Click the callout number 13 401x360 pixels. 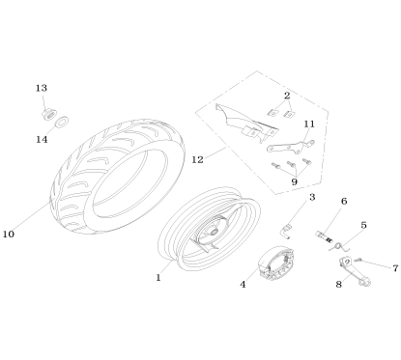[42, 88]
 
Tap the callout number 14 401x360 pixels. [42, 139]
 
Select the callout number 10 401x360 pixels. [9, 234]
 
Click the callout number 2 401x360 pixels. [287, 96]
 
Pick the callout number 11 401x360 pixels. [309, 125]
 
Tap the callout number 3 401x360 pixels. [312, 198]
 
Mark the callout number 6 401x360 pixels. [343, 202]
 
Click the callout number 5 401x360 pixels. [363, 225]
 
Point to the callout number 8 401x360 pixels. [339, 284]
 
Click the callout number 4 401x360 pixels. [243, 285]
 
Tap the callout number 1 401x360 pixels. [158, 278]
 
